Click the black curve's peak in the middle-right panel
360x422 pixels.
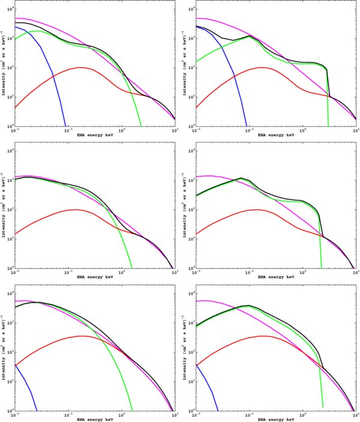point(241,178)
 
